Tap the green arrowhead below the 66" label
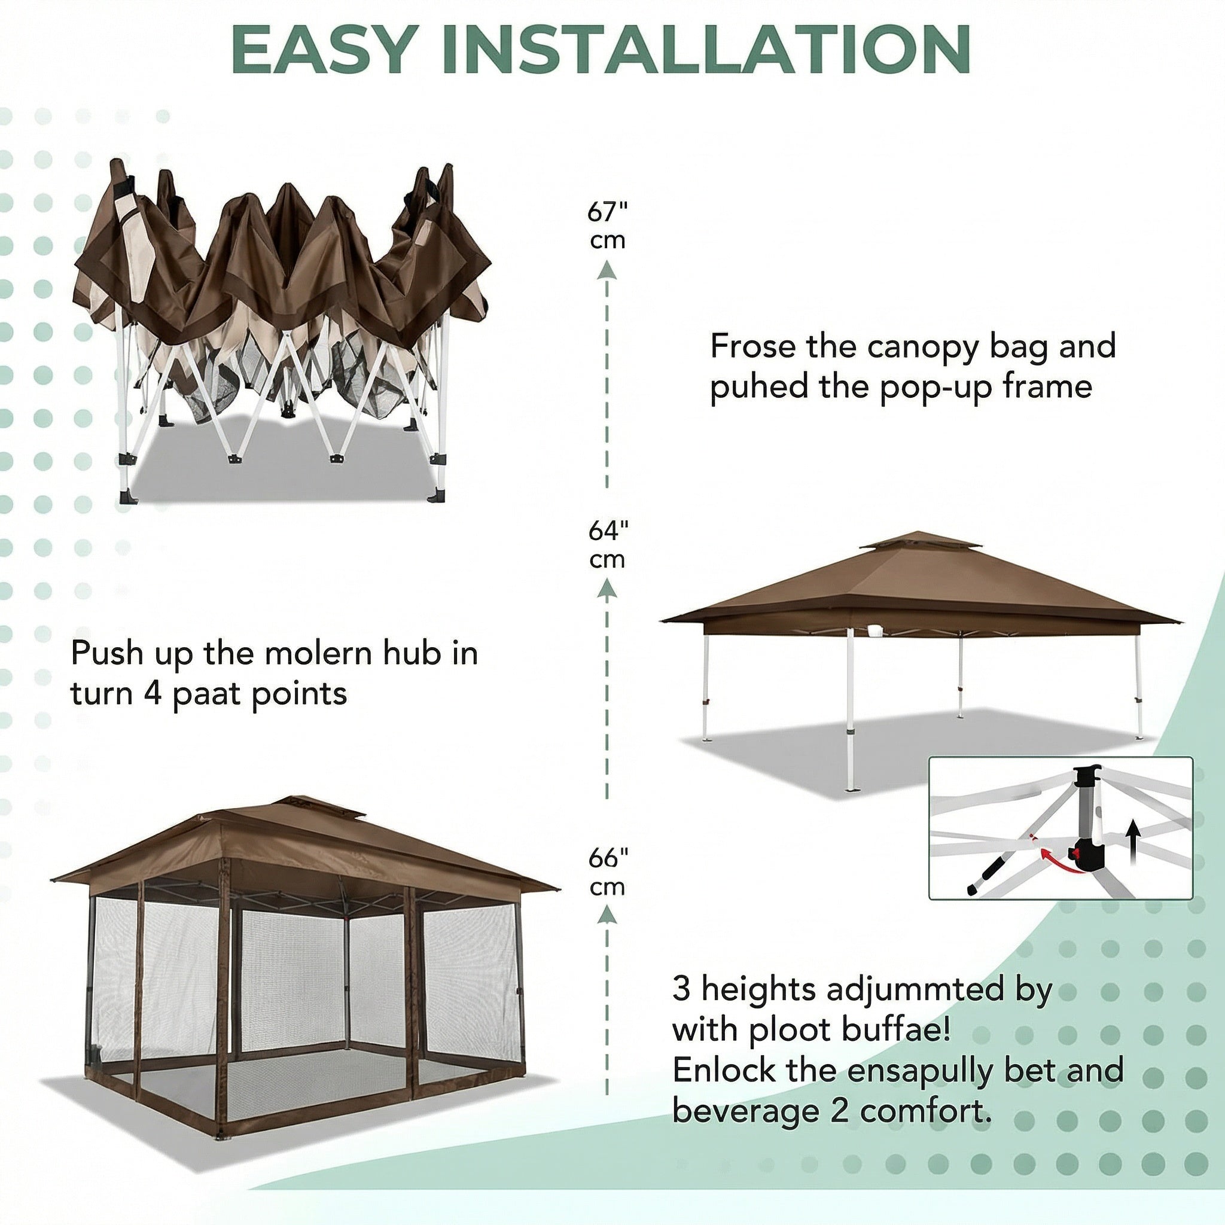coord(608,915)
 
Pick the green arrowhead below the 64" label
coord(608,590)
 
